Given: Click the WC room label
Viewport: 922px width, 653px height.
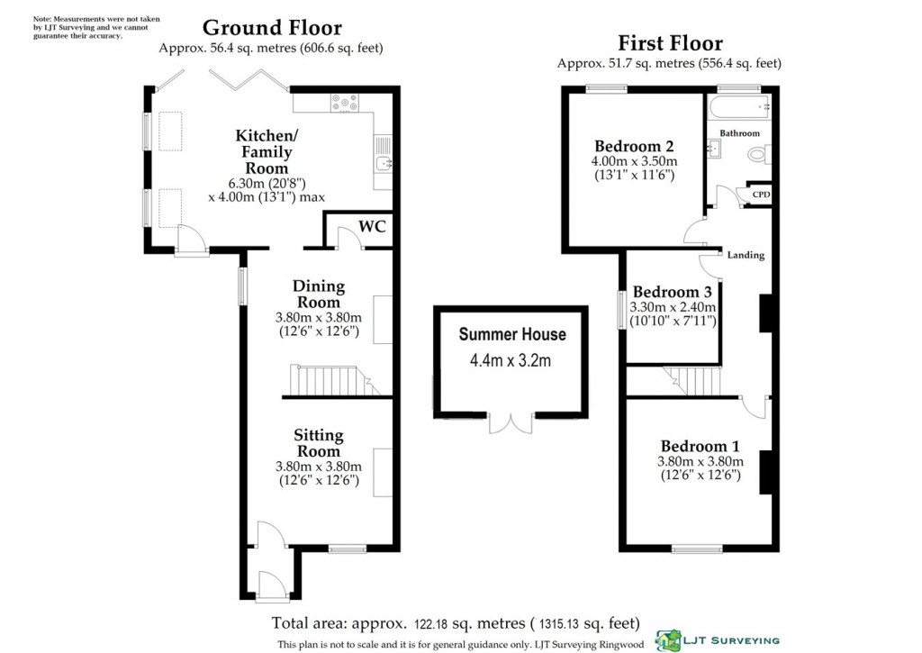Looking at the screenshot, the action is tap(372, 226).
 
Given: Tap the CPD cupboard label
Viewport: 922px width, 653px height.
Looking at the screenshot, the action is tap(761, 195).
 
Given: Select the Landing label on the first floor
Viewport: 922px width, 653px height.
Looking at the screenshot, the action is tap(746, 255).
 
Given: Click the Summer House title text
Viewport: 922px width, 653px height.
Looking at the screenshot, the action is tap(512, 334).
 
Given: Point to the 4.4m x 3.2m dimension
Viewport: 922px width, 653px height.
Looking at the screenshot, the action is tap(511, 360).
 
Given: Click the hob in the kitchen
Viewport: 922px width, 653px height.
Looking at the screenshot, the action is tap(345, 103).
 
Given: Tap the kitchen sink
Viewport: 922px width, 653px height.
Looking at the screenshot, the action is tap(383, 162).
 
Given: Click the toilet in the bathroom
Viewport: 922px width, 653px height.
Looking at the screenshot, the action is tap(759, 155).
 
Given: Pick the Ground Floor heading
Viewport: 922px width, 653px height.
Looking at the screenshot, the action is tap(272, 28).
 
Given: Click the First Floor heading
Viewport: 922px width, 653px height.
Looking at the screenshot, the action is tap(670, 43).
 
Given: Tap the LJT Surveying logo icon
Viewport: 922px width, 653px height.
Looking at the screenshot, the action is tap(668, 640).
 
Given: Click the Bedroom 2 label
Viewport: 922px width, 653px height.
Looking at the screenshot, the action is tap(634, 146).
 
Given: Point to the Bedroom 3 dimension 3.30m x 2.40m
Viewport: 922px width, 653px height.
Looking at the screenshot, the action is tap(673, 307).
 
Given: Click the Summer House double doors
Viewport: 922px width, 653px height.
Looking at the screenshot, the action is tap(511, 423).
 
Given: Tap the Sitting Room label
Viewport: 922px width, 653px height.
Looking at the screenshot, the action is tap(319, 443).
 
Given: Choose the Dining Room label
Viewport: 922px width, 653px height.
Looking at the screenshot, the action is tap(319, 295).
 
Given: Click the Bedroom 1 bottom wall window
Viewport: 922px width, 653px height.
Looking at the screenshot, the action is tap(697, 549).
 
